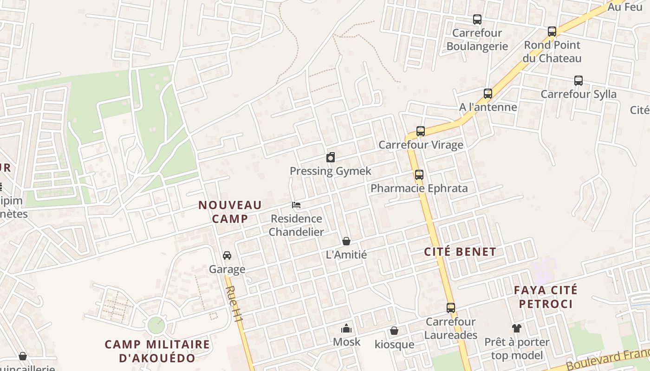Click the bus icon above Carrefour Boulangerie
click(x=477, y=19)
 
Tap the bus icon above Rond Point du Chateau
click(x=552, y=32)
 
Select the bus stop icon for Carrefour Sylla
click(x=578, y=81)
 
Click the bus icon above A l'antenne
click(x=487, y=94)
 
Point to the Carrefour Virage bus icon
click(x=420, y=131)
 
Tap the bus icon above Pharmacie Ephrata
click(x=419, y=175)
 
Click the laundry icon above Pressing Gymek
click(x=330, y=157)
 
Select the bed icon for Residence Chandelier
click(x=296, y=205)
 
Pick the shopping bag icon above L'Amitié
click(x=346, y=241)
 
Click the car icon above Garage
click(x=227, y=256)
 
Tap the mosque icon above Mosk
click(x=346, y=328)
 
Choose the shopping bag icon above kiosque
click(x=394, y=331)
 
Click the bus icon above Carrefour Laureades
click(x=450, y=308)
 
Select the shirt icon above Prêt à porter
click(x=517, y=328)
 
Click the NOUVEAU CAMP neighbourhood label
click(x=230, y=211)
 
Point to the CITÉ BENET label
click(x=460, y=252)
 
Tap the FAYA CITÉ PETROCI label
click(x=546, y=297)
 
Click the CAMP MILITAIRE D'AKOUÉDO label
click(x=157, y=351)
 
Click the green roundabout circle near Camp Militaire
click(x=156, y=325)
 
